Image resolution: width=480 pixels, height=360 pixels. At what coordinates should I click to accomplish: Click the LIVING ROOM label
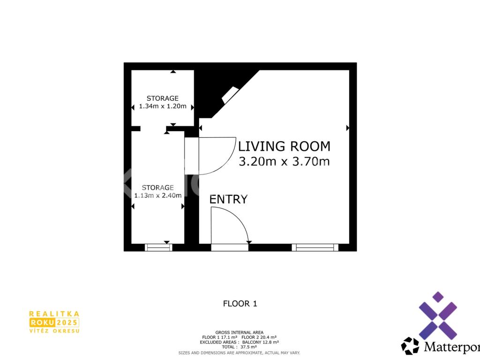point(284,146)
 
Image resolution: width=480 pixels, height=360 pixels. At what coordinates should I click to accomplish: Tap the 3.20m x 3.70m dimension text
point(284,161)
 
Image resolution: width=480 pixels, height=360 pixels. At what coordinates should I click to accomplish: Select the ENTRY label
point(228,199)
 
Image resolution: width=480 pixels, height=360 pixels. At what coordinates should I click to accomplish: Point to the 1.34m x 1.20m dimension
point(163,106)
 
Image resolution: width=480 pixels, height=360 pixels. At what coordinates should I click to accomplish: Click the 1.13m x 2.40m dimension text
point(157,195)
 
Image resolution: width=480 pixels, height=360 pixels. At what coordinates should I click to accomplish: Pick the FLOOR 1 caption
point(240,304)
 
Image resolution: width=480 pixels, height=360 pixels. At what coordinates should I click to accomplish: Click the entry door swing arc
point(239,218)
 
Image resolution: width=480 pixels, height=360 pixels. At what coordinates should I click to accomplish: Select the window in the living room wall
point(315,247)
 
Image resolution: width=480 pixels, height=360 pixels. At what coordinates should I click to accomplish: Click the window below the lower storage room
point(158,247)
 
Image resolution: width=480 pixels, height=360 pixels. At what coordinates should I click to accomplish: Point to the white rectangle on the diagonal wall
point(230,95)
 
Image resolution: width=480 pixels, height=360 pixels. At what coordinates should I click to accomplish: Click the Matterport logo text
point(452,347)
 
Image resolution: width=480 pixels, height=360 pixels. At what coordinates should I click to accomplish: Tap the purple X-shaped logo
point(438,315)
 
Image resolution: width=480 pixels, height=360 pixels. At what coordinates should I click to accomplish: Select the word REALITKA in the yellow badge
point(54,314)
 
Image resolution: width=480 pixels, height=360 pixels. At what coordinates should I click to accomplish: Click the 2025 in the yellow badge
point(67,322)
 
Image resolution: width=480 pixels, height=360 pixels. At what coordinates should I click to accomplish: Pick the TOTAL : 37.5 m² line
point(240,347)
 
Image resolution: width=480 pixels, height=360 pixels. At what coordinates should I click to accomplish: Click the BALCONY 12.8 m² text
point(261,342)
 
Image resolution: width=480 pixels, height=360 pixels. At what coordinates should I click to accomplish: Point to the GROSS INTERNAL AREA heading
point(240,332)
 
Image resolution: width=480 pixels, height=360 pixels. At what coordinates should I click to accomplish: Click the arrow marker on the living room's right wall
point(348,127)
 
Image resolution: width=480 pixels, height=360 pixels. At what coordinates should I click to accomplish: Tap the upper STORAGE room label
point(163,98)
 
